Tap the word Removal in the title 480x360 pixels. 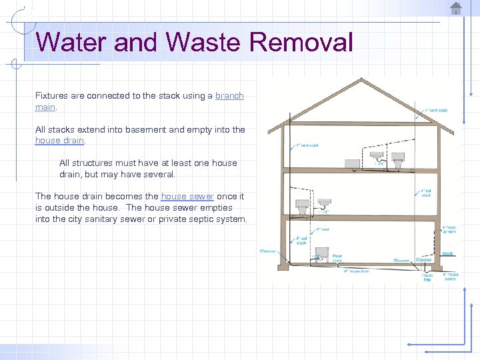click(301, 42)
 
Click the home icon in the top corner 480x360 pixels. click(456, 8)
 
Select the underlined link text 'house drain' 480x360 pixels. click(59, 141)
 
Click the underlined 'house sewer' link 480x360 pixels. click(187, 197)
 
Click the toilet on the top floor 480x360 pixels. click(398, 161)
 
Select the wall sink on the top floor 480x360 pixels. click(378, 156)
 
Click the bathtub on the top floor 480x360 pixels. click(352, 163)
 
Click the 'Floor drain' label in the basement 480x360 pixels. click(338, 257)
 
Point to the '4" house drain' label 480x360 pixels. click(357, 271)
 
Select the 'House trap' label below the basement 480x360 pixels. click(427, 277)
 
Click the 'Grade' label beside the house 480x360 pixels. click(447, 254)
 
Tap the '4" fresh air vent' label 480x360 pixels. click(449, 230)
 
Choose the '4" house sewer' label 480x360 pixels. click(451, 275)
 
